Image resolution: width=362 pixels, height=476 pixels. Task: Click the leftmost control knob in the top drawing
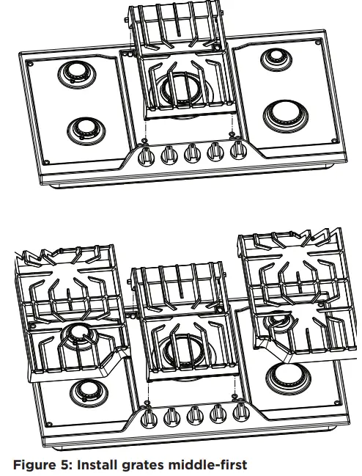point(146,155)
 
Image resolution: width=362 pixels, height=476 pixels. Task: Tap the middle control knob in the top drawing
point(192,153)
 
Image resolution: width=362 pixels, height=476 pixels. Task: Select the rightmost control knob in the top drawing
point(237,151)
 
